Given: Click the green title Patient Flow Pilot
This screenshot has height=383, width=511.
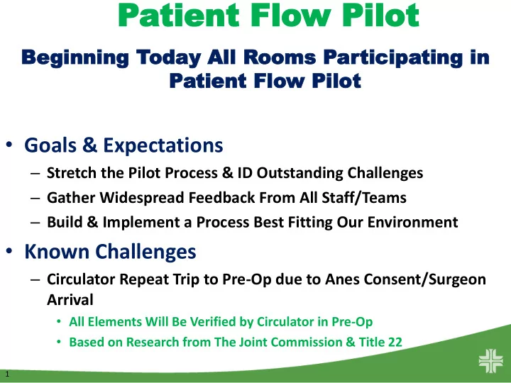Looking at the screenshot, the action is tap(268, 15).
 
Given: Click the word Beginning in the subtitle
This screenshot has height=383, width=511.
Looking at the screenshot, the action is tap(75, 58).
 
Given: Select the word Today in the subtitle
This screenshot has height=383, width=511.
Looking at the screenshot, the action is tap(168, 58).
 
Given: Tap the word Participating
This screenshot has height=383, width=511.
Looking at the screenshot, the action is tap(393, 58).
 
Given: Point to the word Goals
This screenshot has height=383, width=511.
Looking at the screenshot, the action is tap(50, 145).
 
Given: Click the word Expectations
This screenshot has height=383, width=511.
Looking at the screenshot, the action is tap(163, 145).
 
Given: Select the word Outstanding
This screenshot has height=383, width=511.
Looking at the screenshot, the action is tap(300, 173).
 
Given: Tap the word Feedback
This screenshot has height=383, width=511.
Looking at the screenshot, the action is tap(221, 198).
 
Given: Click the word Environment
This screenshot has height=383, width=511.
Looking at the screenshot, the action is tap(412, 222).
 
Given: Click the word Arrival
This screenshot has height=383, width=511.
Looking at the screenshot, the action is tap(70, 299).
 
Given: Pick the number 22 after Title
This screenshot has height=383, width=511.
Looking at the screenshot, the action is tap(395, 342).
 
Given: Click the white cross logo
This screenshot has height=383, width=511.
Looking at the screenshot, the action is tap(491, 361).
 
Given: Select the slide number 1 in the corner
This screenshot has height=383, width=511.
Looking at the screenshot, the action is tap(7, 374).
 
